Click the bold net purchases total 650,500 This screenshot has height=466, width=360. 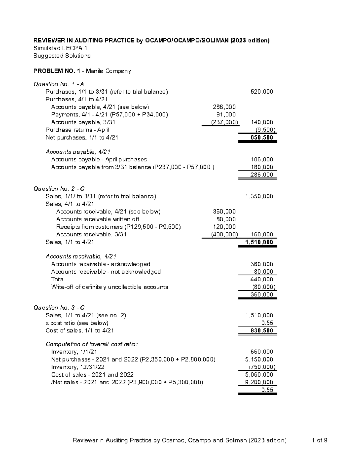pyautogui.click(x=262, y=137)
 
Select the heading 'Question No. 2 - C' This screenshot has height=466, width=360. pyautogui.click(x=59, y=189)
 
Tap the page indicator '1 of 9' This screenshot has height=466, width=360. pyautogui.click(x=319, y=440)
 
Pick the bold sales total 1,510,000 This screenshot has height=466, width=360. pyautogui.click(x=259, y=242)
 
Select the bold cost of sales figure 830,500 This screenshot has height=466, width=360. pyautogui.click(x=262, y=331)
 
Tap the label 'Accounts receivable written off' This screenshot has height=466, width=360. pyautogui.click(x=97, y=219)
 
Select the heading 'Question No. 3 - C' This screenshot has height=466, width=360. pyautogui.click(x=59, y=308)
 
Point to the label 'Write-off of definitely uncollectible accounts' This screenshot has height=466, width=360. pyautogui.click(x=109, y=287)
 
